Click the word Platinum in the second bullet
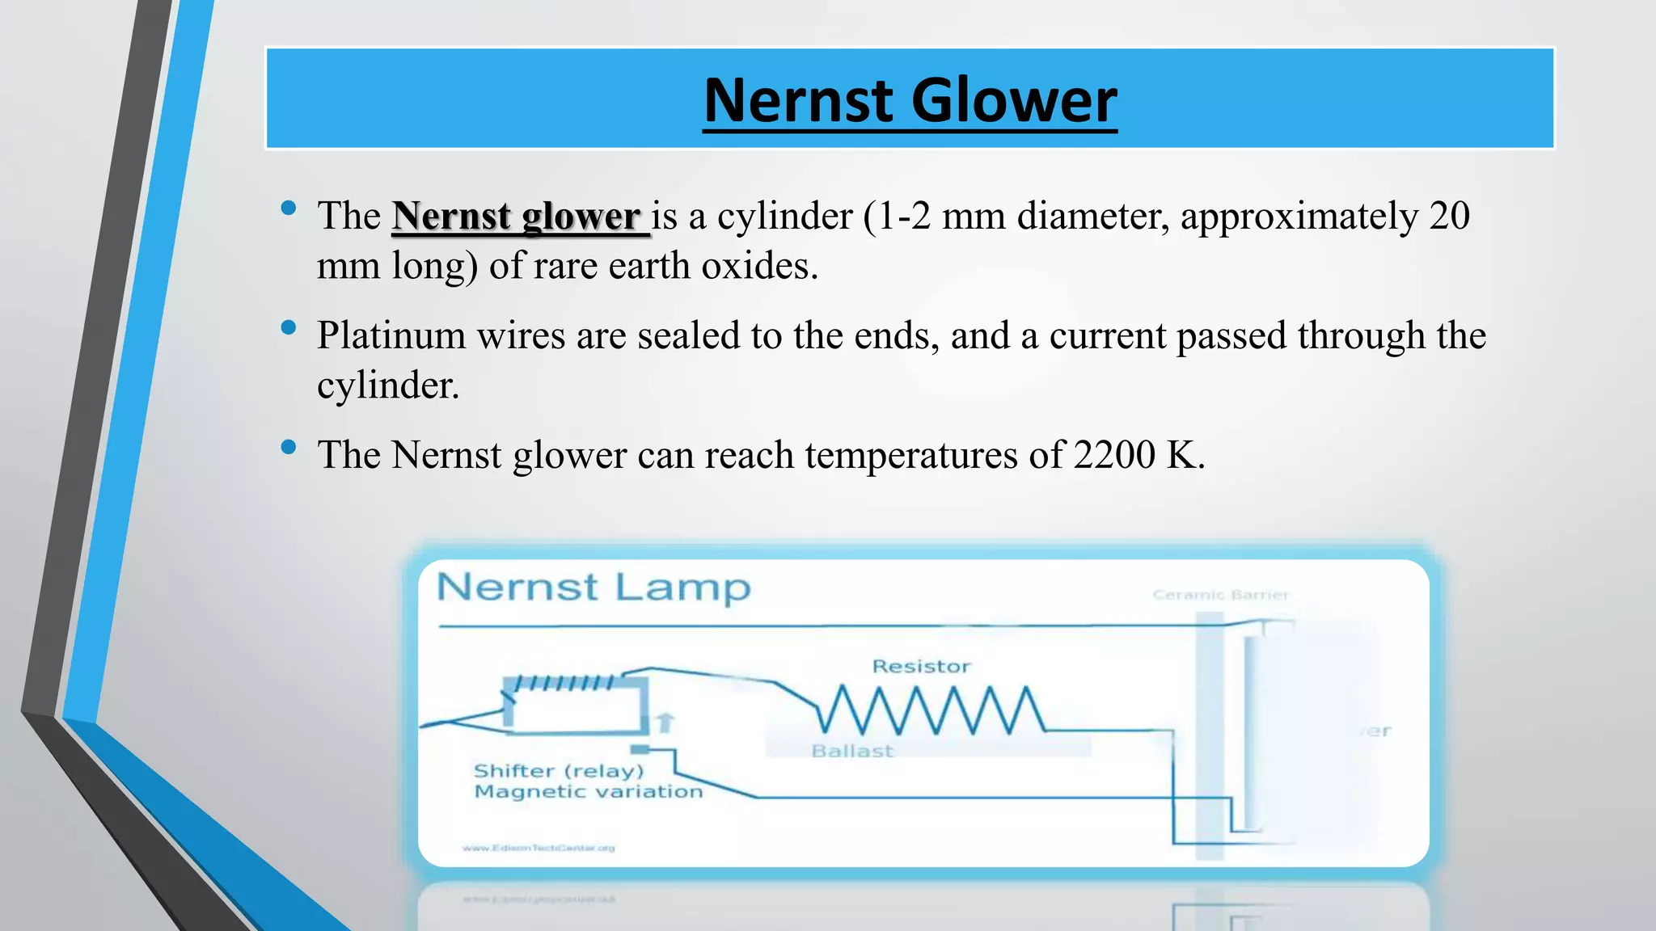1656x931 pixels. (x=391, y=336)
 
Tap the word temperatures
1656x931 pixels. (x=911, y=456)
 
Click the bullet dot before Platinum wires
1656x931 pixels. (x=289, y=327)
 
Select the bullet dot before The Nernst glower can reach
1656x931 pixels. (x=289, y=447)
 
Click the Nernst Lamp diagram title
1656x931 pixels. (x=594, y=588)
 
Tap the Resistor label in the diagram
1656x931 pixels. (x=921, y=667)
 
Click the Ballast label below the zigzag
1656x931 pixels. (x=852, y=752)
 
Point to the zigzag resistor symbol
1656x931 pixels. (x=930, y=710)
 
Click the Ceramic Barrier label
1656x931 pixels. (x=1220, y=596)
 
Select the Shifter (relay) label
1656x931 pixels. (x=559, y=771)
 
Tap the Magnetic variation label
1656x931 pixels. (x=588, y=792)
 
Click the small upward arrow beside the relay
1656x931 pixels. (x=665, y=721)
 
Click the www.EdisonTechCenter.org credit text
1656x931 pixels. (x=539, y=848)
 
